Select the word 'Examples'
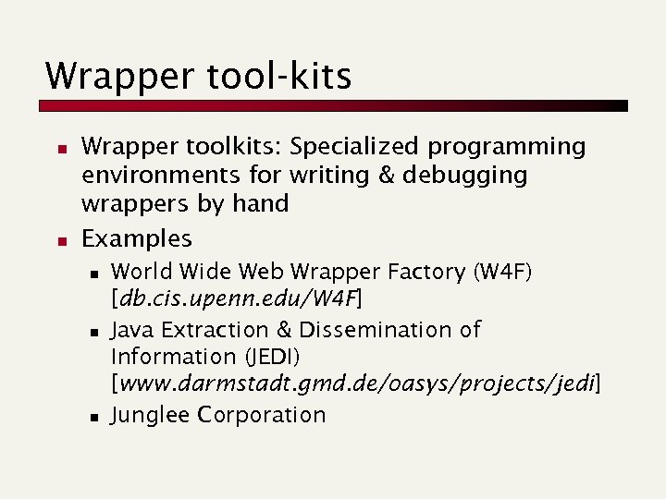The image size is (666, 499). (137, 238)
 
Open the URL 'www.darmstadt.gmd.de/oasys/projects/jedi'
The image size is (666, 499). (355, 384)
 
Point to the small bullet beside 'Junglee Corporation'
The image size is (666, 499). (93, 417)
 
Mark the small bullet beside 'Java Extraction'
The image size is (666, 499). (93, 331)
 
